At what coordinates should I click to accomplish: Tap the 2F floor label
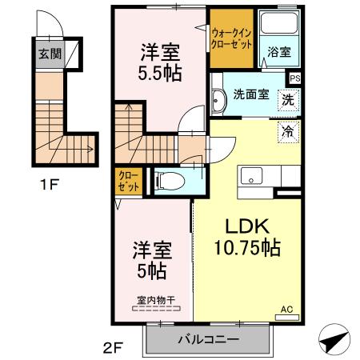point(114,347)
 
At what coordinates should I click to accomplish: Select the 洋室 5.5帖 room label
point(160,62)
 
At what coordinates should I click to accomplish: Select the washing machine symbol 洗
point(287,102)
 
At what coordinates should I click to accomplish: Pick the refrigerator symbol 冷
point(287,130)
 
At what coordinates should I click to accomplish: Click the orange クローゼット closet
point(128,180)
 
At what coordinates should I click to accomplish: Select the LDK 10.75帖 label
point(245,237)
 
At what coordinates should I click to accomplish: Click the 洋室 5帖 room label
point(150,261)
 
